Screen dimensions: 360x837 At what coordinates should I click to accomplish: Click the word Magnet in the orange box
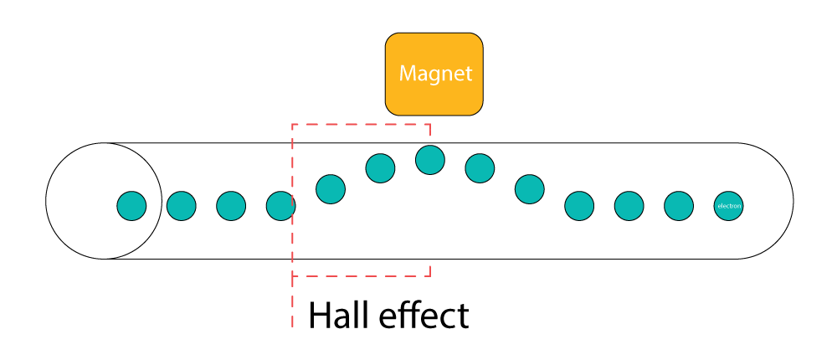point(435,74)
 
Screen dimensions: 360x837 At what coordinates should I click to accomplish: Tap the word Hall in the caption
point(339,316)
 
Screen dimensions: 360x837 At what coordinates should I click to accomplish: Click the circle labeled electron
point(728,205)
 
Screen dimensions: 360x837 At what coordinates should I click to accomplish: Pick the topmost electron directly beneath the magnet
point(429,159)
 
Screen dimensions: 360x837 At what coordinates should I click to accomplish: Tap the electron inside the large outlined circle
point(131,205)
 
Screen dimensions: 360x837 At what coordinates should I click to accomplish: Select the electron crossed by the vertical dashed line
point(280,205)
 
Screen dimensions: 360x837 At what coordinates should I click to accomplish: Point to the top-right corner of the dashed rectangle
point(429,125)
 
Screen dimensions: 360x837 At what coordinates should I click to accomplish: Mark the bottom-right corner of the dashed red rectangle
point(429,275)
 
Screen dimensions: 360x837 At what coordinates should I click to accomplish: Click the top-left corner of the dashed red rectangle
point(292,125)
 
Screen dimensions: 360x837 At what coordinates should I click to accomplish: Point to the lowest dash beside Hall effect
point(292,321)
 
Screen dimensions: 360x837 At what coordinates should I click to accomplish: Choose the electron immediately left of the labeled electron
point(679,205)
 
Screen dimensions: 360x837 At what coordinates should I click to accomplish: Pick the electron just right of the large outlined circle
point(181,205)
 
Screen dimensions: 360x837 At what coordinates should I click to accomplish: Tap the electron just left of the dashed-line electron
point(231,205)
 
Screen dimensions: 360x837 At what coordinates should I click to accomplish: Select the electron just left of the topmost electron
point(380,168)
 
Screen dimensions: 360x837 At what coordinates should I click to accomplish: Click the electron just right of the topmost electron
point(480,168)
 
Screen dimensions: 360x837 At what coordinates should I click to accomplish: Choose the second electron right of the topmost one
point(529,188)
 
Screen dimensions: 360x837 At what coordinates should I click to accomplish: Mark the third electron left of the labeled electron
point(579,205)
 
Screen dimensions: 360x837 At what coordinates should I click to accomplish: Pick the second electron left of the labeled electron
point(629,205)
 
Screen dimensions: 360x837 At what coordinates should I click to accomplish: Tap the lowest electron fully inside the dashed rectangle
point(331,188)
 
